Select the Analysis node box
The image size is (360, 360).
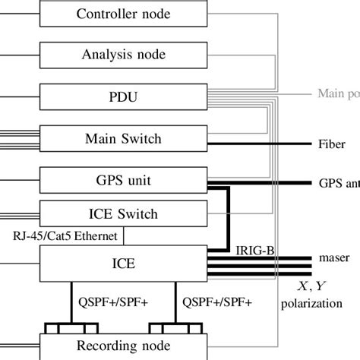click(123, 55)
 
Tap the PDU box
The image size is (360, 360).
click(123, 97)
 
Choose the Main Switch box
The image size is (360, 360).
click(123, 139)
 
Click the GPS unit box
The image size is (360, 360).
click(123, 181)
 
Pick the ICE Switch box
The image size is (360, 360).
click(123, 213)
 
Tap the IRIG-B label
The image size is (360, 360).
click(251, 249)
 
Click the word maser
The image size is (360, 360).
click(334, 258)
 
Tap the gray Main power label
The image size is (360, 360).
click(338, 95)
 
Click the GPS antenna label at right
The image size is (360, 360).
click(339, 184)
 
